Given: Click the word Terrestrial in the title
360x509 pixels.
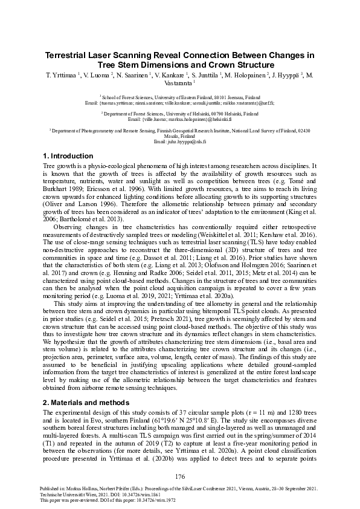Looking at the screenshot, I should coord(69,54).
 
